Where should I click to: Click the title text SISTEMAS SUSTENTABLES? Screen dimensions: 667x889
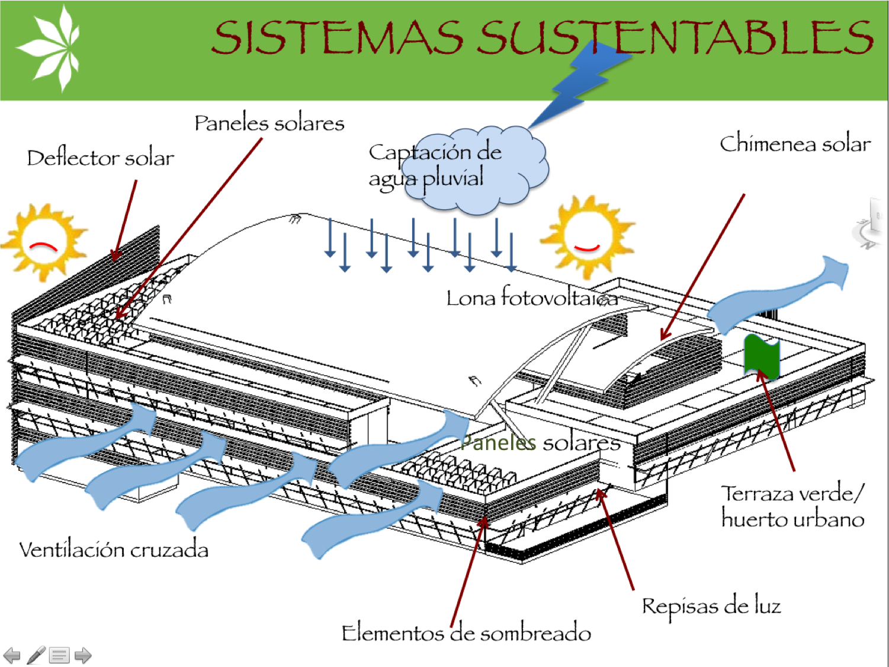click(542, 37)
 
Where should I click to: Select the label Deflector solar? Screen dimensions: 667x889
click(100, 158)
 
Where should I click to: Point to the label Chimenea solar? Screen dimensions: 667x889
click(795, 144)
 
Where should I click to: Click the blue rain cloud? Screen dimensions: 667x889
click(480, 169)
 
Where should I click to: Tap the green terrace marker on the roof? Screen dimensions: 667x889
click(761, 356)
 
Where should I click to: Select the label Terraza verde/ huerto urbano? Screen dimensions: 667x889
click(792, 506)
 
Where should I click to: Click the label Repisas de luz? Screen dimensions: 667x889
click(711, 606)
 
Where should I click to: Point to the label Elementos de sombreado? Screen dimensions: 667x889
click(466, 633)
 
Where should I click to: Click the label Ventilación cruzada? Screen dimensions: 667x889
click(114, 550)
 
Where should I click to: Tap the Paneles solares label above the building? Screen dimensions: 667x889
click(269, 123)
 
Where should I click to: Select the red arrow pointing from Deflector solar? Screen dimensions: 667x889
click(125, 219)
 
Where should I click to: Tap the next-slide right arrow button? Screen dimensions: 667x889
click(83, 655)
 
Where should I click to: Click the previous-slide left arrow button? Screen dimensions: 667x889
click(12, 655)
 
